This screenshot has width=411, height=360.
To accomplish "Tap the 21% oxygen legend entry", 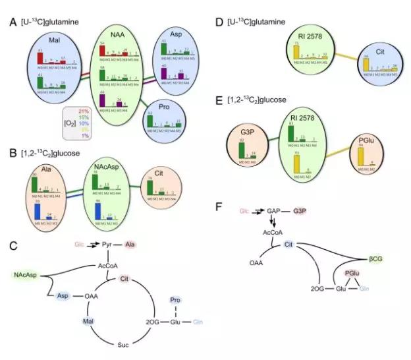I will click(x=84, y=111).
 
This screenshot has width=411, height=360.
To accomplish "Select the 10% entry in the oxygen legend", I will click(x=84, y=123).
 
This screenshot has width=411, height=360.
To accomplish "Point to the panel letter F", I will click(x=219, y=206).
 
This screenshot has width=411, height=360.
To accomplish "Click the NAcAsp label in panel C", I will click(x=18, y=273).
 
